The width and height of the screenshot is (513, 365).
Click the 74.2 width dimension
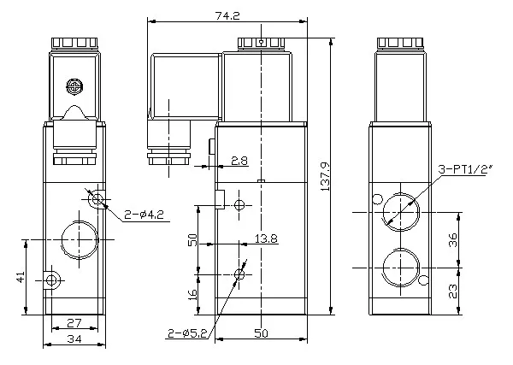pos(227,15)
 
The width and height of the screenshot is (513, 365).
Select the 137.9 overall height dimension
pos(325,177)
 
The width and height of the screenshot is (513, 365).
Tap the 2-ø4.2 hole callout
pos(144,215)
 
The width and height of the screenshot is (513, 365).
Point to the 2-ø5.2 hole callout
pos(187,333)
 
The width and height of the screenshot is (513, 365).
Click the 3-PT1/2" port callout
pos(465,169)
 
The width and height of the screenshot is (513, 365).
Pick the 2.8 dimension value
pos(239,161)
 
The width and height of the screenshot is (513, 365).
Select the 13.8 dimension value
pos(266,238)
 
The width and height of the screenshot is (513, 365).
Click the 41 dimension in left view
pos(21,277)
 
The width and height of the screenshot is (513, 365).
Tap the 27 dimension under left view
pos(74,323)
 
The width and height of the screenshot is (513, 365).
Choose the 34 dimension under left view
pos(74,339)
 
